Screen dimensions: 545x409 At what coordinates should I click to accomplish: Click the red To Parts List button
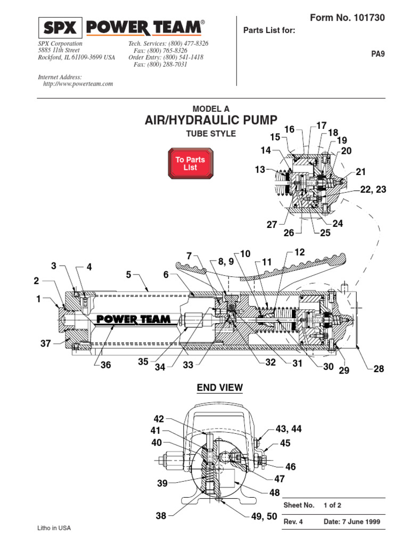[190, 163]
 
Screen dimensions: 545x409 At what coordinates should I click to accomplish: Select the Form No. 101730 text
[347, 18]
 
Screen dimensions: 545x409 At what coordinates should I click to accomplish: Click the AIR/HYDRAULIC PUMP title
[211, 121]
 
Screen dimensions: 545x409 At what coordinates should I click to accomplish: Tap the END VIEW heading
[220, 388]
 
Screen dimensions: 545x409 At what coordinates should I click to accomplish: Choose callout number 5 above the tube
[128, 275]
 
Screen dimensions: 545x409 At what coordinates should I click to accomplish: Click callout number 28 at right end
[378, 368]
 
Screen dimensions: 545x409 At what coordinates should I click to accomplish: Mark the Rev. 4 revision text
[293, 522]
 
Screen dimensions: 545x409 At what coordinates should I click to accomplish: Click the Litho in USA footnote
[53, 528]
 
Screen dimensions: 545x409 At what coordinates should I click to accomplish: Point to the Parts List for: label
[269, 30]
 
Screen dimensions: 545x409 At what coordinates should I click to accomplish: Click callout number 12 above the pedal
[299, 252]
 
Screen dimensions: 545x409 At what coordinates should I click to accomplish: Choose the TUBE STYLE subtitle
[210, 134]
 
